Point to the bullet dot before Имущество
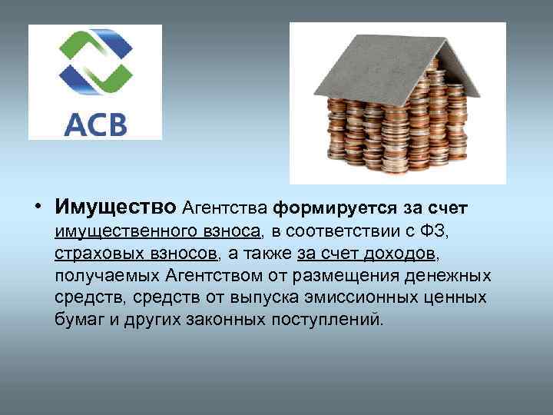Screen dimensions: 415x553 click(x=38, y=207)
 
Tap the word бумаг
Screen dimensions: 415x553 click(x=78, y=319)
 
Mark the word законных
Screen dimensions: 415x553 click(x=227, y=319)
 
